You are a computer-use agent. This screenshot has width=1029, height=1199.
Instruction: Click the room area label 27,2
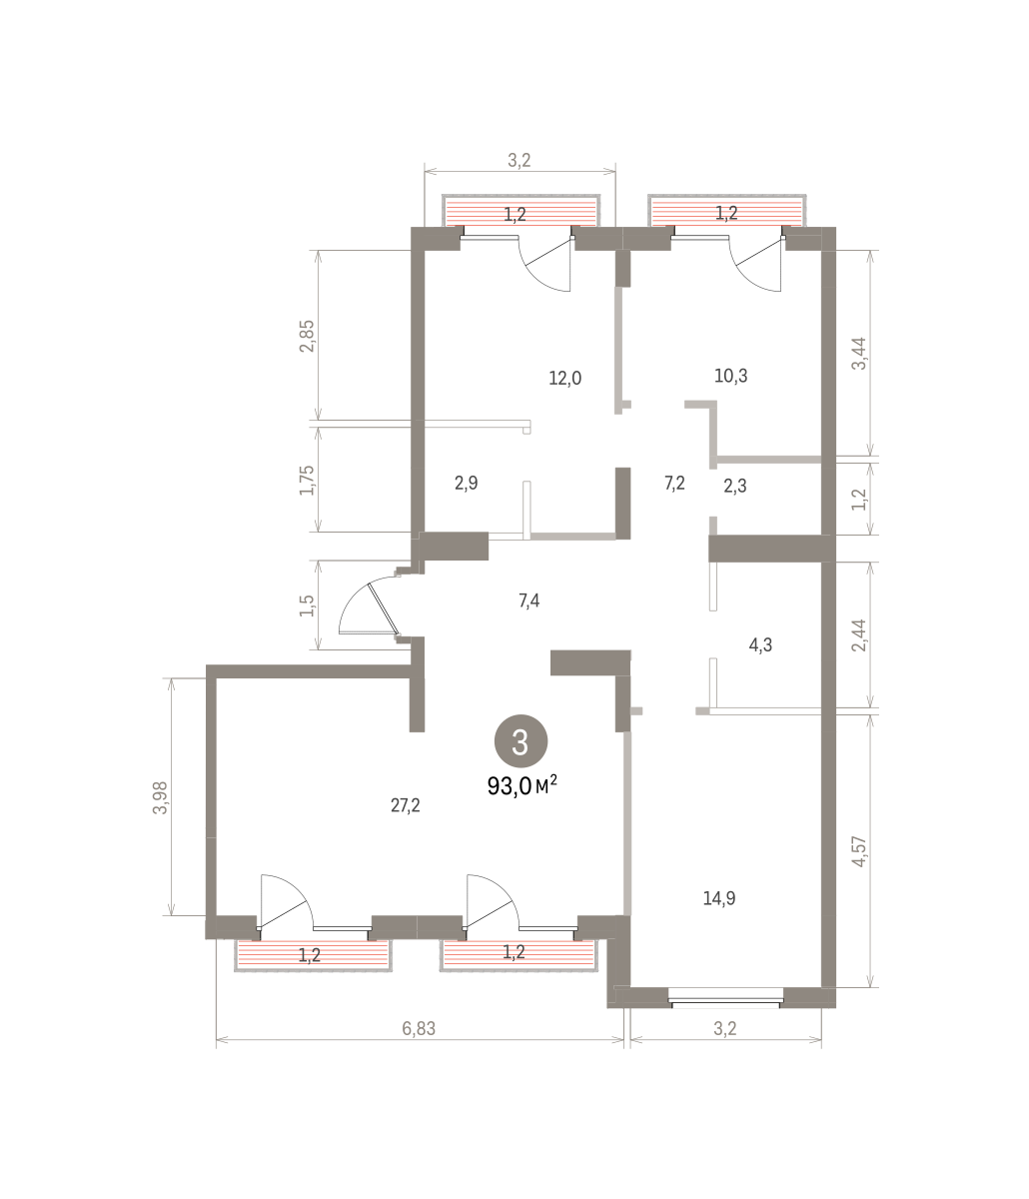coord(405,805)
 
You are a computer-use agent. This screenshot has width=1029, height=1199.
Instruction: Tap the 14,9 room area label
coord(719,898)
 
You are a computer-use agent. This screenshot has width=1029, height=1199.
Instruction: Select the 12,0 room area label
coord(565,379)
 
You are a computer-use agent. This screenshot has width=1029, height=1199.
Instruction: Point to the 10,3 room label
coord(731,376)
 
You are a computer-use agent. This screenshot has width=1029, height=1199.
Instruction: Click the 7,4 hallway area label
coord(529,600)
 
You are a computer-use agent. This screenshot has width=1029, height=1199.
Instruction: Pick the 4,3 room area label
coord(760,645)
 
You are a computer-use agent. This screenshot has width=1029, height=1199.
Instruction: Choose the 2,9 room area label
coord(467,483)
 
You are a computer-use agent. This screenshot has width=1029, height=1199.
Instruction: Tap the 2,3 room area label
coord(735,486)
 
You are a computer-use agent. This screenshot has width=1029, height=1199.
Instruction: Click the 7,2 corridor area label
coord(674,483)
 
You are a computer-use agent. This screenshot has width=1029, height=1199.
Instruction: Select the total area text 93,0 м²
coord(522,786)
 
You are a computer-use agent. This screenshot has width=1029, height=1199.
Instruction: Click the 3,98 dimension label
coord(160,798)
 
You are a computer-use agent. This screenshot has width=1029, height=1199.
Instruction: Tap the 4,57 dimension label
coord(859,851)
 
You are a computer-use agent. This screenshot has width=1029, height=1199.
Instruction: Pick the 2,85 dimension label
coord(307,336)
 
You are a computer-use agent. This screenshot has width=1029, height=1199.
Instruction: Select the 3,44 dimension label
coord(859,354)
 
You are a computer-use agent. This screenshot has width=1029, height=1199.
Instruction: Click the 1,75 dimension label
coord(307,481)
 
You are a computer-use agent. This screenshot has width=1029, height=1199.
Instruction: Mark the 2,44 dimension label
coord(859,635)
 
